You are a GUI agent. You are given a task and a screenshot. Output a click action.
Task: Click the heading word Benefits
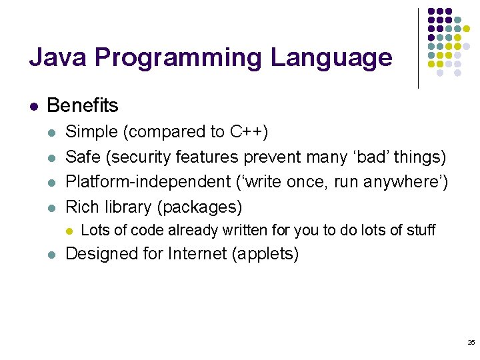83,105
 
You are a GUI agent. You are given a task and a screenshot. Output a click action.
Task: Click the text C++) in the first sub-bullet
249,131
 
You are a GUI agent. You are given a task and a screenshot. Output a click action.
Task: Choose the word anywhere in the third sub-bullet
406,182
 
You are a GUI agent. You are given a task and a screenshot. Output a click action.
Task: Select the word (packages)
199,207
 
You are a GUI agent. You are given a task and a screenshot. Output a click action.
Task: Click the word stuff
420,231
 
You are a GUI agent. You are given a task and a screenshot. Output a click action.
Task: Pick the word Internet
197,254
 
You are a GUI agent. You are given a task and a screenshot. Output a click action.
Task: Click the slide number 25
471,342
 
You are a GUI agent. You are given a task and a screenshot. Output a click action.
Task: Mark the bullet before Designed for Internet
52,255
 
